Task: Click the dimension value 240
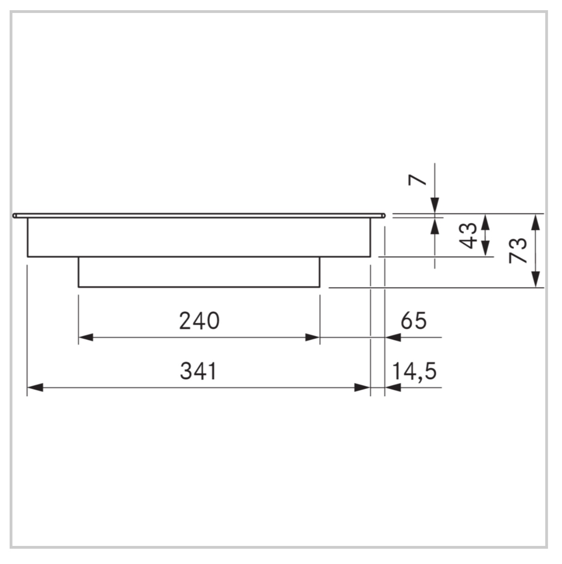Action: (200, 321)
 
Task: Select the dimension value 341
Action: (199, 371)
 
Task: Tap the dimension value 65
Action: (413, 320)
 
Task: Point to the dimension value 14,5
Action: (414, 371)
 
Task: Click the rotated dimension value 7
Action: (417, 180)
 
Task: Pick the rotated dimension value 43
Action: (468, 236)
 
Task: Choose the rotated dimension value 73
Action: (518, 251)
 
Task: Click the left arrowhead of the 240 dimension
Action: (86, 338)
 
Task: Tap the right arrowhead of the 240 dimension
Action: (312, 338)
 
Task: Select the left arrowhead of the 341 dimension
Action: (35, 388)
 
